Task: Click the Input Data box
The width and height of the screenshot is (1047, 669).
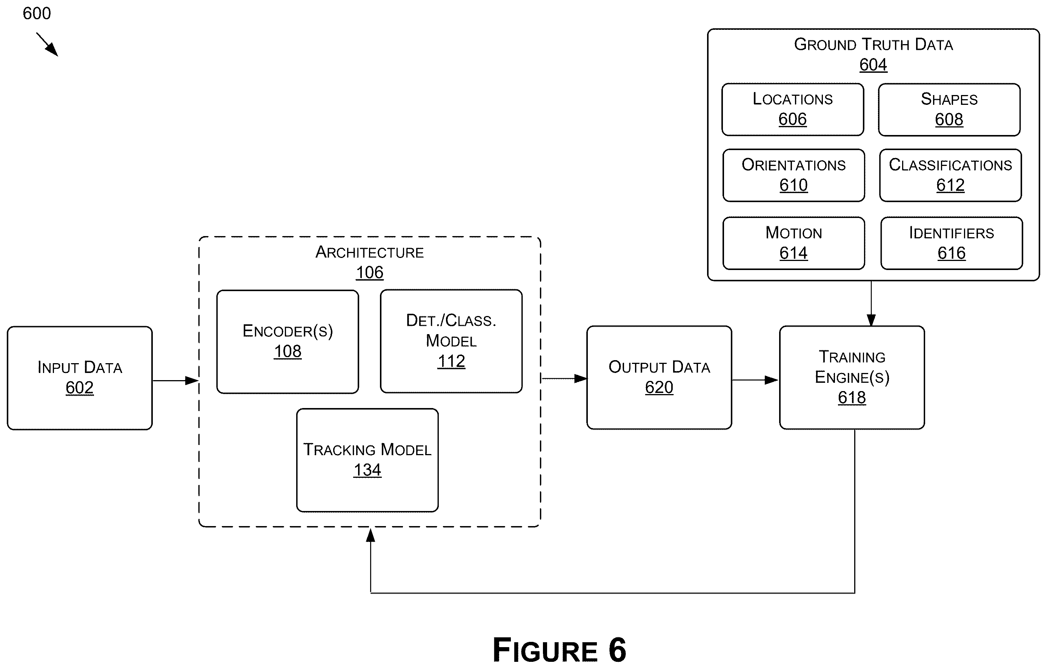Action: [x=80, y=378]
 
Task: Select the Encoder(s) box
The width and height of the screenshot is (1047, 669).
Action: [x=288, y=342]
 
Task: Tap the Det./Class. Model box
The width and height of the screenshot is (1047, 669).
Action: [x=451, y=341]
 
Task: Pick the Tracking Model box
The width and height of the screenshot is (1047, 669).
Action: [x=367, y=460]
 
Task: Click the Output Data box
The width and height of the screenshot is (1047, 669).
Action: [x=659, y=377]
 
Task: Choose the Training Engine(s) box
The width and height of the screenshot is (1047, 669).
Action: [x=852, y=377]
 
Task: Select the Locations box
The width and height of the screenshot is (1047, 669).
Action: [x=793, y=109]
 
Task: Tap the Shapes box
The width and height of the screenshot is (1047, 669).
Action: [x=949, y=109]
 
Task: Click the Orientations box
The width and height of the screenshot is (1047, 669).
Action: [x=793, y=175]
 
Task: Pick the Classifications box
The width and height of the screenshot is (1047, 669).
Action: [x=950, y=175]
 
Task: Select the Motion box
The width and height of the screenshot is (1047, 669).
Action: [x=793, y=243]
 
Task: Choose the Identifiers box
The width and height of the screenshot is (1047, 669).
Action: [x=951, y=243]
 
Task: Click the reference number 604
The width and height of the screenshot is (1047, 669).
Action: [x=873, y=65]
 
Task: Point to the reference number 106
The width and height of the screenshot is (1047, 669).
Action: [x=370, y=273]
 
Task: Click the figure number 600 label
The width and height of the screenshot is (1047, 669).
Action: [x=37, y=14]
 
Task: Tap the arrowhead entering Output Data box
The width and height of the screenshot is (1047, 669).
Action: [x=581, y=379]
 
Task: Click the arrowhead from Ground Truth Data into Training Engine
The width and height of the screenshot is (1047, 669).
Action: [x=871, y=320]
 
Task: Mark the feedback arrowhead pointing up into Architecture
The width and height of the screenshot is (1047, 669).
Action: [x=371, y=535]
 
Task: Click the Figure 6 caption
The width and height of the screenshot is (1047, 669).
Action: [x=559, y=650]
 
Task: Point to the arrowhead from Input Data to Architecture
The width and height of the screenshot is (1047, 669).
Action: [x=192, y=381]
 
